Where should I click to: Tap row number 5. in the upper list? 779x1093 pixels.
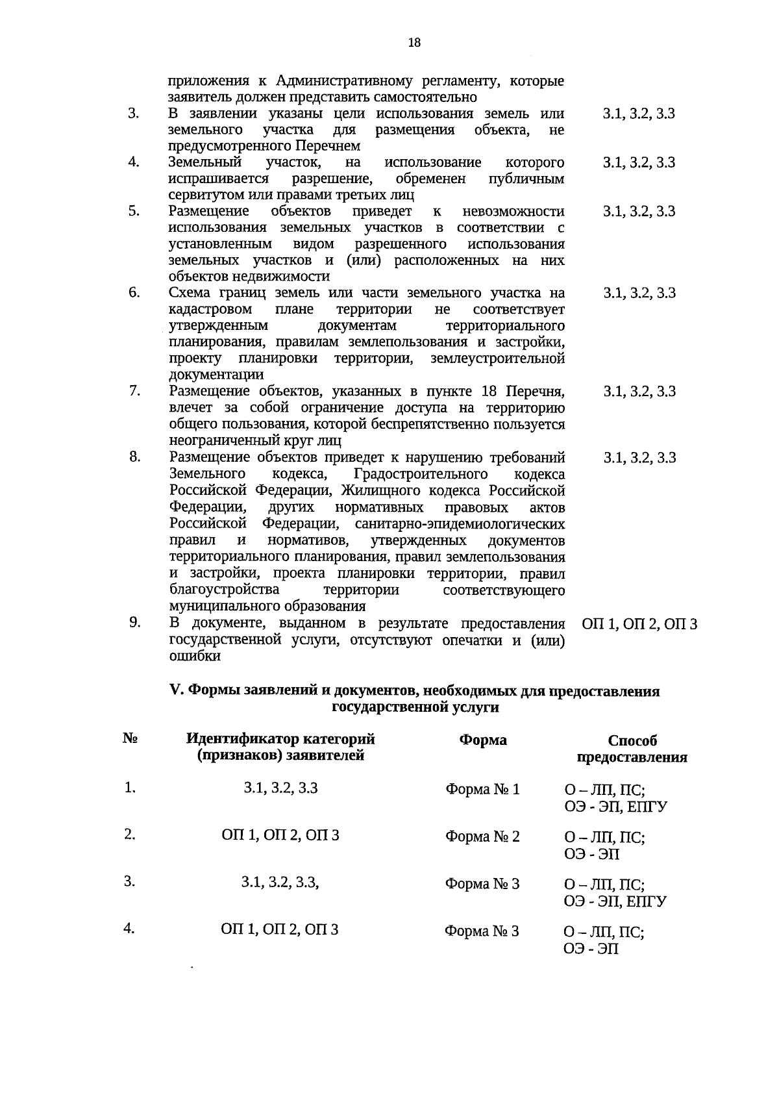133,210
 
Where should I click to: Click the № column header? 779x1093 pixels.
130,739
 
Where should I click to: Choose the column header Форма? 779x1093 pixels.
483,740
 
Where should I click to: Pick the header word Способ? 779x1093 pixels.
632,741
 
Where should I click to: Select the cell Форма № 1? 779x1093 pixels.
482,790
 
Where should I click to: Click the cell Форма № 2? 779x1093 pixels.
482,836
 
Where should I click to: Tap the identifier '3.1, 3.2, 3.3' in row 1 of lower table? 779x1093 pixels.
280,788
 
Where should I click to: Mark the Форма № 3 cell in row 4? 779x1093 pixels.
482,931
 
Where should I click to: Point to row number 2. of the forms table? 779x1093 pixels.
130,835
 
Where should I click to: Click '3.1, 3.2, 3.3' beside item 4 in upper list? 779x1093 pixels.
639,162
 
